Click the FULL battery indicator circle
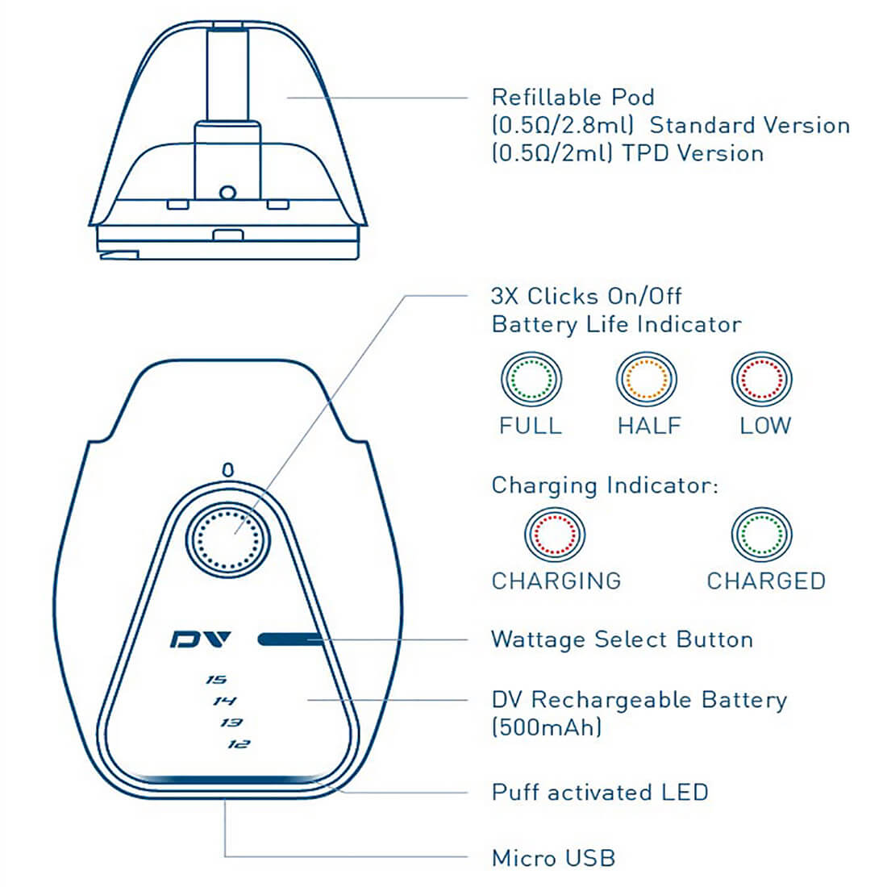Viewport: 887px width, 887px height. point(531,378)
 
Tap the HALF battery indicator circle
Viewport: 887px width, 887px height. point(647,378)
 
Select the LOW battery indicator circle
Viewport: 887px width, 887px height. point(762,378)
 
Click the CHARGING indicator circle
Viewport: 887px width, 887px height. point(555,534)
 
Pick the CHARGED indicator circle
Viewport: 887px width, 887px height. point(762,534)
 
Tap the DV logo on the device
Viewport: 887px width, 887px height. point(201,639)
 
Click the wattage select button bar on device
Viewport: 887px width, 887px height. point(290,640)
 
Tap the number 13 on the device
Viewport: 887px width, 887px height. point(231,723)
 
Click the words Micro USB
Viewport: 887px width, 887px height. point(553,857)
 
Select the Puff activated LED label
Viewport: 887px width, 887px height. point(600,792)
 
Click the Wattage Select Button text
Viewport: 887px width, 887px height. point(622,639)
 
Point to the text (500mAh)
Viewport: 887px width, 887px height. point(547,727)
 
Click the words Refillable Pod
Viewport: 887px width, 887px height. point(573,98)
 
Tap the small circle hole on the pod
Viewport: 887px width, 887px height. point(227,192)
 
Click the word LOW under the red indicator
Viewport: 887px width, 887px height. point(765,425)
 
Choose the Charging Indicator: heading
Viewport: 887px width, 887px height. point(604,485)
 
